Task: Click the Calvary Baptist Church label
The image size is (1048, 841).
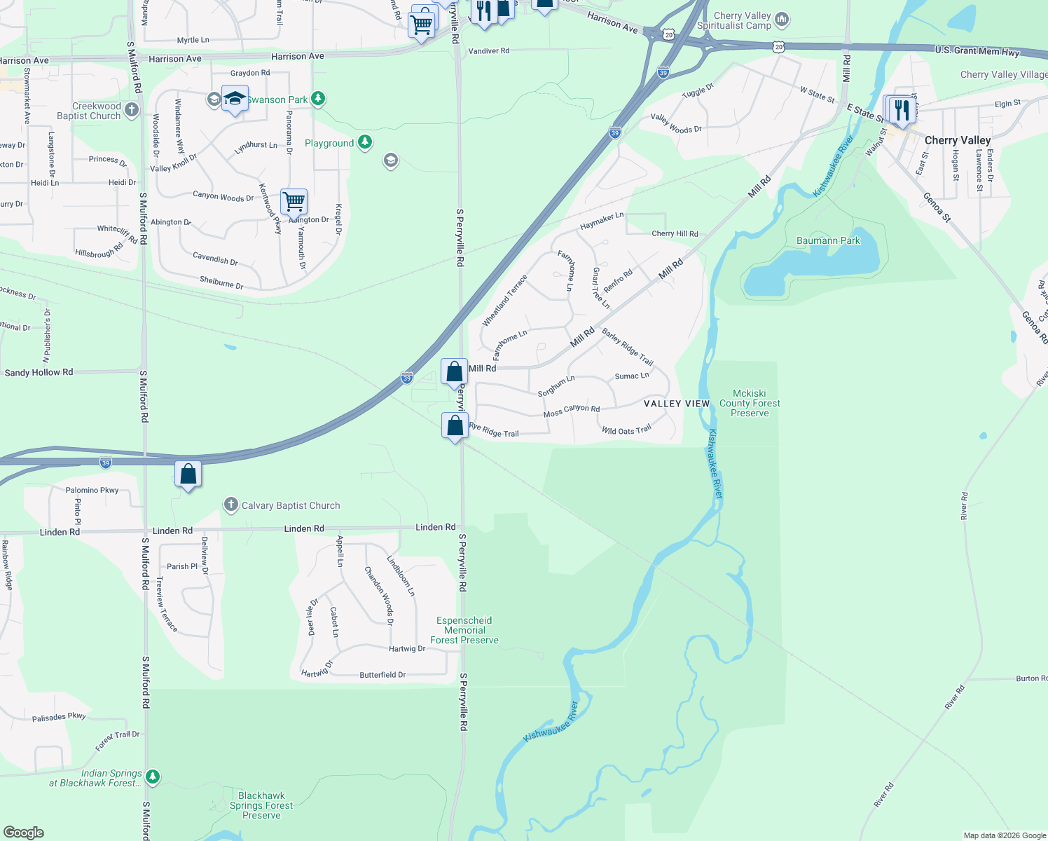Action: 291,505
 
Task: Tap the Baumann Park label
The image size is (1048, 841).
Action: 828,240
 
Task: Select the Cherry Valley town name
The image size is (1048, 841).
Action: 957,140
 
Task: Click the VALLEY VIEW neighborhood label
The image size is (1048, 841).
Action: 677,404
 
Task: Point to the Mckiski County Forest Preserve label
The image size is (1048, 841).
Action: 750,403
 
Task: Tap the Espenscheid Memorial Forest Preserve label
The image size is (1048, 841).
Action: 464,630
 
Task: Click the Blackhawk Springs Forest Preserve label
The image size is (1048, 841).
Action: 261,805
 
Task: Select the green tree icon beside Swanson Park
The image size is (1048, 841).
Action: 318,99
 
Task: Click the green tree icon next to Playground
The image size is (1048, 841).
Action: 364,143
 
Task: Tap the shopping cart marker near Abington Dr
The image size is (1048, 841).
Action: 294,202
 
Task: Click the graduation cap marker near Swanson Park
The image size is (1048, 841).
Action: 235,98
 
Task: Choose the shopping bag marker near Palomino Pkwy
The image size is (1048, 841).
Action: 188,474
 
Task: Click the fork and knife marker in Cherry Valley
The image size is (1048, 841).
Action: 902,109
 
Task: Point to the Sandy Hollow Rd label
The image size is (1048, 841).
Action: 39,372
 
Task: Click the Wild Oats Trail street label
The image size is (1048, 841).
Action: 626,430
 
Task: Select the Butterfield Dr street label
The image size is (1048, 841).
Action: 382,675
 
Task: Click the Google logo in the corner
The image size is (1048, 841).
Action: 24,832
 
